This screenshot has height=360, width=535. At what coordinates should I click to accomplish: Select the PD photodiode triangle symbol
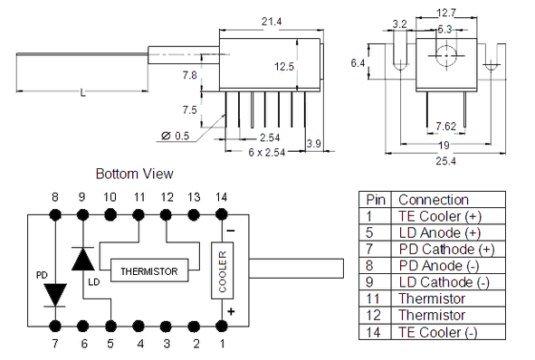coord(55,295)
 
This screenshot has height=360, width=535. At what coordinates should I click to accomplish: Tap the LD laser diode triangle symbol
coord(83,259)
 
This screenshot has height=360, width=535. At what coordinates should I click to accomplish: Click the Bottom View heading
coord(135,174)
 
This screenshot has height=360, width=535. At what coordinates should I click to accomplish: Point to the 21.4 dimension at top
coord(272,22)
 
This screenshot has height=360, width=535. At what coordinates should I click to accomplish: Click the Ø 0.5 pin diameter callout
coord(175,136)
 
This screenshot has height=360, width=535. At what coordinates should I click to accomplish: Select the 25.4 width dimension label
coord(445,161)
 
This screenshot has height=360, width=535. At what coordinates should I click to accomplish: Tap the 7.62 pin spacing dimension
coord(445,127)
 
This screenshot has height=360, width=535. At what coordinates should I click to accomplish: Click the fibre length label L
coord(82,93)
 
